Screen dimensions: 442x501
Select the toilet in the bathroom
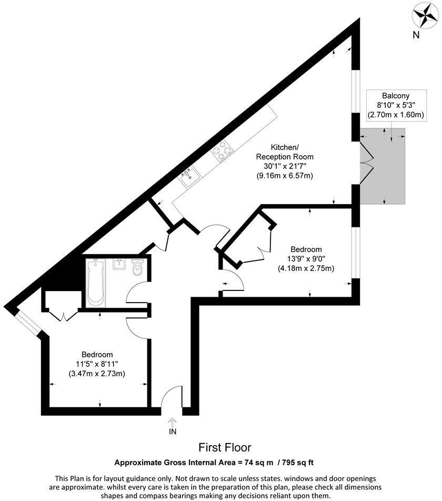click(x=138, y=268)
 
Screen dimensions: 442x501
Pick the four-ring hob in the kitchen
click(x=223, y=151)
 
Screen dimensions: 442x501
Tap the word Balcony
click(x=396, y=95)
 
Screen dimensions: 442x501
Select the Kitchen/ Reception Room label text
click(x=284, y=152)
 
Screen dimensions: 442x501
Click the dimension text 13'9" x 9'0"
click(x=306, y=259)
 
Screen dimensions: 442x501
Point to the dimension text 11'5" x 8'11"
click(x=97, y=364)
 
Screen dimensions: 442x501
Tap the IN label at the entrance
click(x=172, y=432)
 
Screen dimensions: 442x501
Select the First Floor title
click(x=225, y=448)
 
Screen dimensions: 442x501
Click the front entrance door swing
click(x=170, y=400)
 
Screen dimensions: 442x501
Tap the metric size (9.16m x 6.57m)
click(x=284, y=175)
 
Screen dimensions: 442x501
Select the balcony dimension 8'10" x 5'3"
click(x=396, y=105)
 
